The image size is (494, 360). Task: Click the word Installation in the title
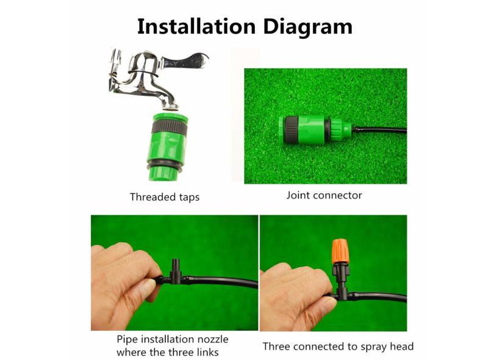(196, 26)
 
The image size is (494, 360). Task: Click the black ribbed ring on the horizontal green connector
(291, 130)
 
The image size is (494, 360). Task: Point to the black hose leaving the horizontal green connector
(379, 129)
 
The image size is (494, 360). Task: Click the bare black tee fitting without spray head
(175, 273)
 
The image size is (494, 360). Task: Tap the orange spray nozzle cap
(340, 251)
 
